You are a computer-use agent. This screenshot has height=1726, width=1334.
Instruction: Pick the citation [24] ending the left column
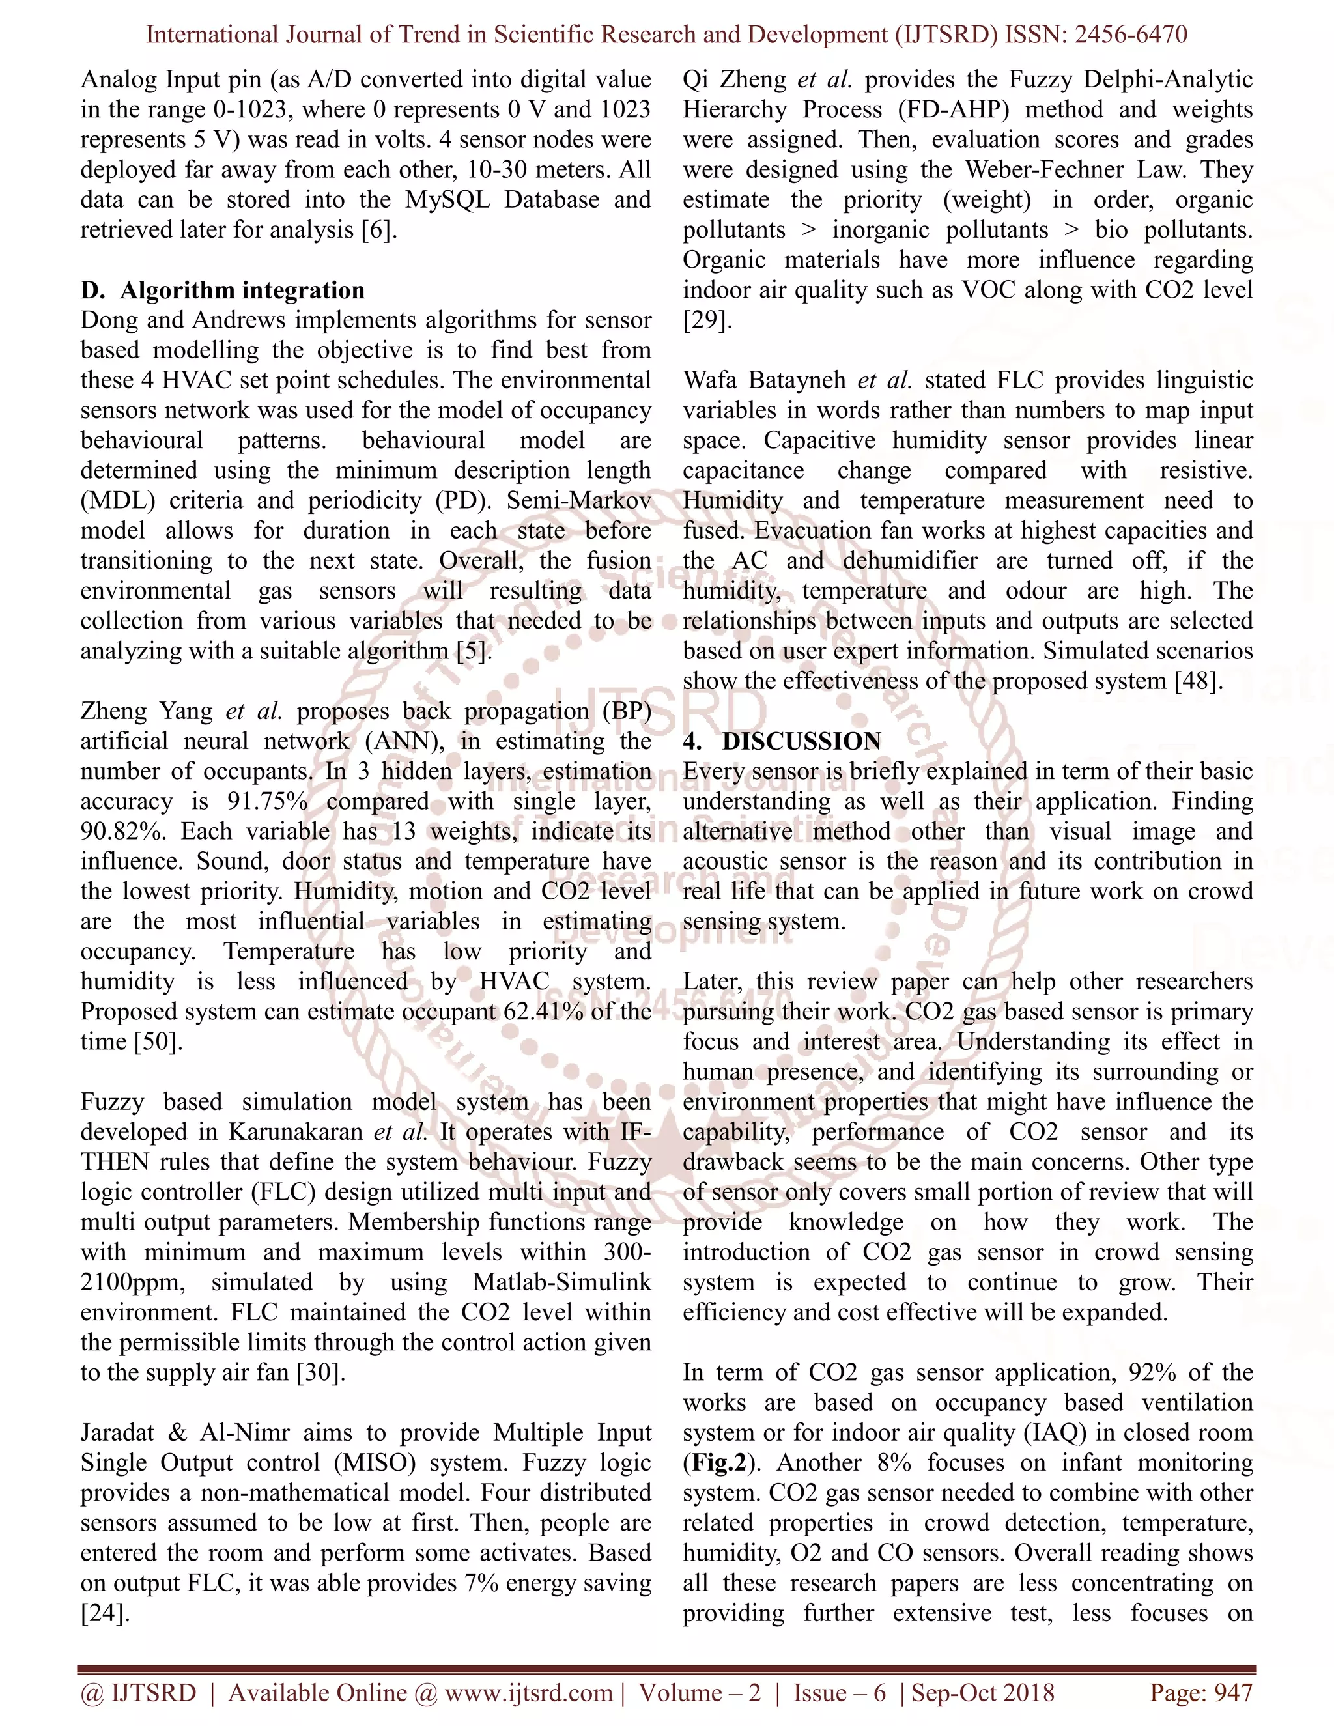point(104,1612)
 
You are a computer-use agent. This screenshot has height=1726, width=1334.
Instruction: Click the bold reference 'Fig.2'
point(718,1462)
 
